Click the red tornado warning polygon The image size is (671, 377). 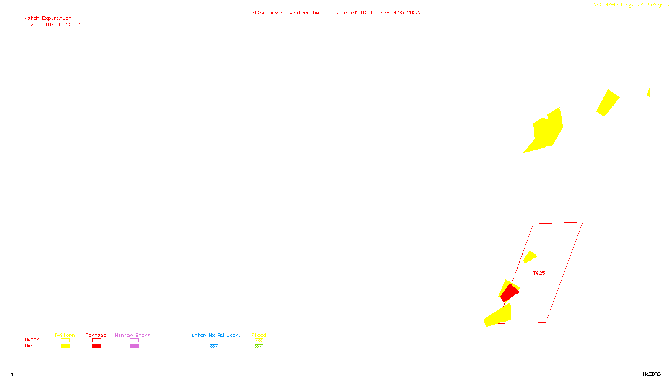coord(509,292)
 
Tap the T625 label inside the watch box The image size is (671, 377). coord(539,273)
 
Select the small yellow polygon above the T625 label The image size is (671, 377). coord(530,257)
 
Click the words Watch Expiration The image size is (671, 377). coord(48,18)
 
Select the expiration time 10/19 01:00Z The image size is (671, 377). coord(62,25)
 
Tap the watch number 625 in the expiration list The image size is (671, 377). coord(32,25)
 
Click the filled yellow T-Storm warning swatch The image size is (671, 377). coord(65,346)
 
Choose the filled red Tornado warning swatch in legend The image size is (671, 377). coord(96,346)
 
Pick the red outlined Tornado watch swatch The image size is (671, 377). coord(96,341)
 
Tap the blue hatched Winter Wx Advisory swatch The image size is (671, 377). coord(214,346)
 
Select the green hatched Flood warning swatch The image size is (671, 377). coord(259,346)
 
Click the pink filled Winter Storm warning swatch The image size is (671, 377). coord(134,346)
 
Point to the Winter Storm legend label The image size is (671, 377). coord(133,335)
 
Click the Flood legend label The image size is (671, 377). coord(259,335)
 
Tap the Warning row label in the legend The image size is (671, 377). coord(35,346)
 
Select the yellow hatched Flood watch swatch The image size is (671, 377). coord(259,341)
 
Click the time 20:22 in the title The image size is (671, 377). coord(414,13)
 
